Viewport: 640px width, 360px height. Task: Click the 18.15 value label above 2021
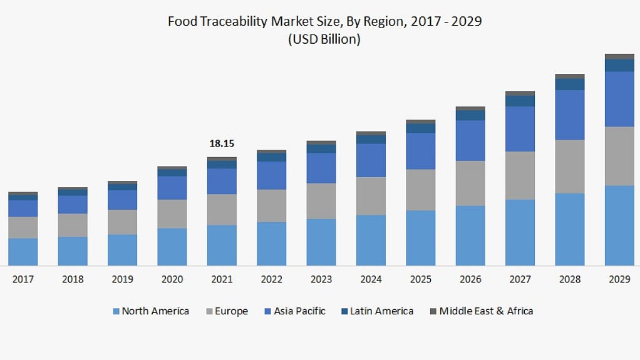coord(222,143)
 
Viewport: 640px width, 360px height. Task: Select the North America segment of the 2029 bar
coord(619,225)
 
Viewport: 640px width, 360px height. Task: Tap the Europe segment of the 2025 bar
coord(420,190)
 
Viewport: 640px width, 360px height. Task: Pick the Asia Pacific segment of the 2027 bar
coord(520,128)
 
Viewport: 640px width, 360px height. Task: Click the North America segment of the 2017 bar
coord(23,252)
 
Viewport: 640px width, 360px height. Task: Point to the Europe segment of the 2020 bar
coord(172,213)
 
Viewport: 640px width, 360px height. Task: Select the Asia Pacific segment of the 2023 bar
coord(321,168)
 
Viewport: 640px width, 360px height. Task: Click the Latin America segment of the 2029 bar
coord(619,65)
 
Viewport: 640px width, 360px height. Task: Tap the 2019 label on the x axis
coord(122,279)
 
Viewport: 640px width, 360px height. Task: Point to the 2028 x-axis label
coord(569,279)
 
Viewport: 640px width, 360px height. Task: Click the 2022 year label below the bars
coord(271,279)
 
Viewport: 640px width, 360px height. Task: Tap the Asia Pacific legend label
coord(299,311)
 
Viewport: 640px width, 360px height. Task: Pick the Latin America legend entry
coord(381,311)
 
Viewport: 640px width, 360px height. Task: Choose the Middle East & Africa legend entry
coord(485,311)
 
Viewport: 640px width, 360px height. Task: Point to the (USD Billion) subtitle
coord(324,39)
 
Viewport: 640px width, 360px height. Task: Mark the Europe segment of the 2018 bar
coord(73,225)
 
